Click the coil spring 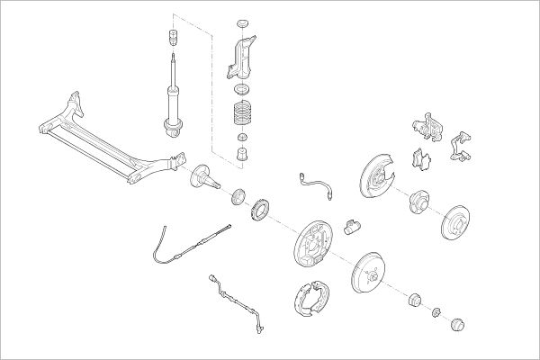pyautogui.click(x=240, y=115)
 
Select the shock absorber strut pyautogui.click(x=170, y=99)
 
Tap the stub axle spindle pyautogui.click(x=203, y=177)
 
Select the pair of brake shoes pyautogui.click(x=311, y=301)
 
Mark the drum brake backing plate pyautogui.click(x=311, y=243)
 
